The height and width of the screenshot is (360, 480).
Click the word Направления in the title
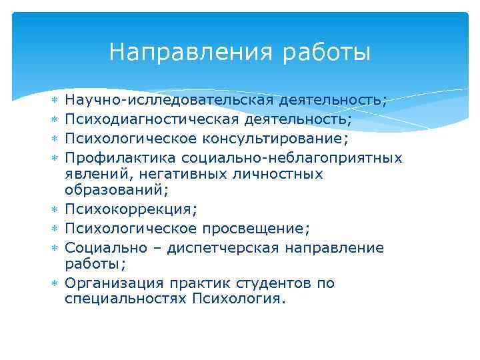[x=191, y=52]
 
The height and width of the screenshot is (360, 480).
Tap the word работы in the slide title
[x=326, y=52]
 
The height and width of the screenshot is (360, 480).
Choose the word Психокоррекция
[x=127, y=211]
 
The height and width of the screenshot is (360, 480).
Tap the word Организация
[x=113, y=283]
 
